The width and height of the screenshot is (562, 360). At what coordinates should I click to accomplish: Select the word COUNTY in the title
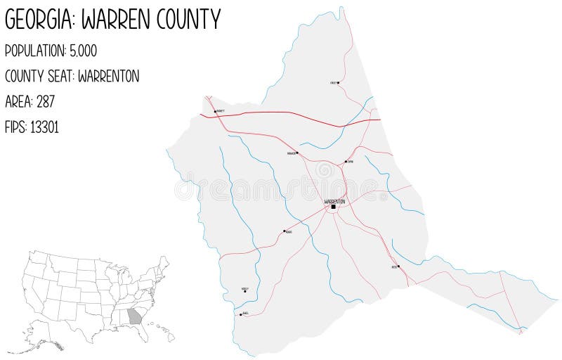click(x=190, y=19)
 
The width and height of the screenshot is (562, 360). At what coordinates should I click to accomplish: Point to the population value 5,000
click(x=83, y=51)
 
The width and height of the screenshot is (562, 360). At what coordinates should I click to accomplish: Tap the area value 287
click(x=44, y=102)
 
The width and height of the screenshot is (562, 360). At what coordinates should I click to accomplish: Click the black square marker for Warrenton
click(x=334, y=207)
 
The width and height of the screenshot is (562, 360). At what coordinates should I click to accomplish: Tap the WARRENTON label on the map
click(x=334, y=201)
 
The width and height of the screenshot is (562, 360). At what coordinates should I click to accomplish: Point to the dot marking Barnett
click(x=214, y=111)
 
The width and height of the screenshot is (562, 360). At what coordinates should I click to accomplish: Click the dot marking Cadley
click(x=339, y=83)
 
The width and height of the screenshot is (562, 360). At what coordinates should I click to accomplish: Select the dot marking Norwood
click(x=297, y=153)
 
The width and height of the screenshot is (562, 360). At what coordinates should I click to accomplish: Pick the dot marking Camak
click(x=346, y=162)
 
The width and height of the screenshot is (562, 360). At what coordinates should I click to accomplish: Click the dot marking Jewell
click(x=241, y=315)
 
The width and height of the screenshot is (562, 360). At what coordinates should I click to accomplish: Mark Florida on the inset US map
click(x=144, y=331)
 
